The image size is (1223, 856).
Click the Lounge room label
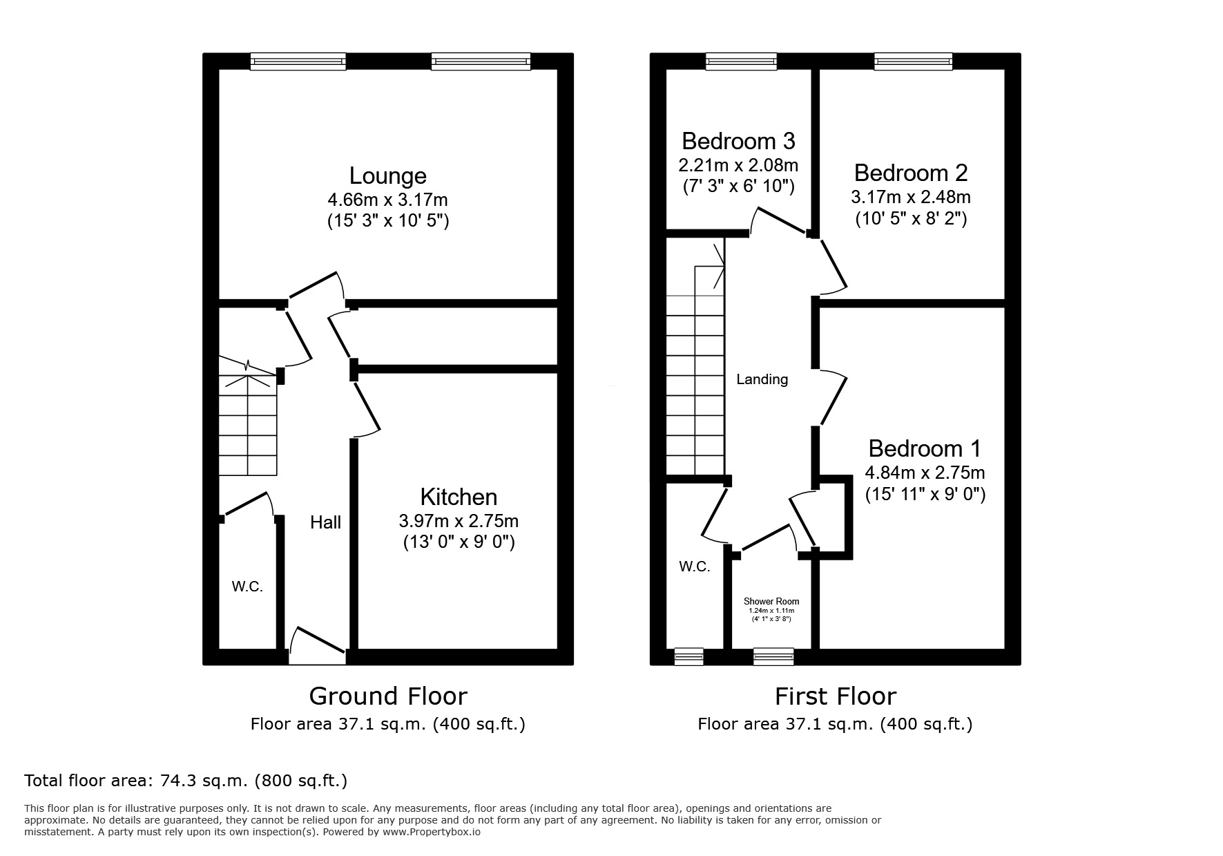click(x=387, y=175)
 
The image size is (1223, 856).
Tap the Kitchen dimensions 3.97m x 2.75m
click(x=459, y=521)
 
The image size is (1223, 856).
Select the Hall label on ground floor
click(x=325, y=522)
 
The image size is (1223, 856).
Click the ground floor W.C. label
click(x=247, y=587)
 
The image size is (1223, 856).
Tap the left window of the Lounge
click(x=298, y=62)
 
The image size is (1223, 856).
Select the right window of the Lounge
click(x=481, y=62)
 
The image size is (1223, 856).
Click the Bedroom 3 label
click(x=738, y=141)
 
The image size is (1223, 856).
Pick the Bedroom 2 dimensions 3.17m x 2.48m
click(x=910, y=197)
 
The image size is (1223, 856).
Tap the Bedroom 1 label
click(x=924, y=448)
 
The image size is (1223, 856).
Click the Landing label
click(x=762, y=379)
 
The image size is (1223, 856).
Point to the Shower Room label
click(x=771, y=602)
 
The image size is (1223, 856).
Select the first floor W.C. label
click(x=694, y=567)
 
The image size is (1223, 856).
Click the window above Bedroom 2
click(x=913, y=62)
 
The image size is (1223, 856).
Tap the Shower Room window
click(x=773, y=656)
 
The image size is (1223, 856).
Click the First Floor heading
click(x=835, y=696)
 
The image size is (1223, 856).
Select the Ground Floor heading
click(x=387, y=696)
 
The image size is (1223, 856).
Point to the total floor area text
click(x=186, y=781)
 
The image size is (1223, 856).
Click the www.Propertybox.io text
click(x=432, y=832)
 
